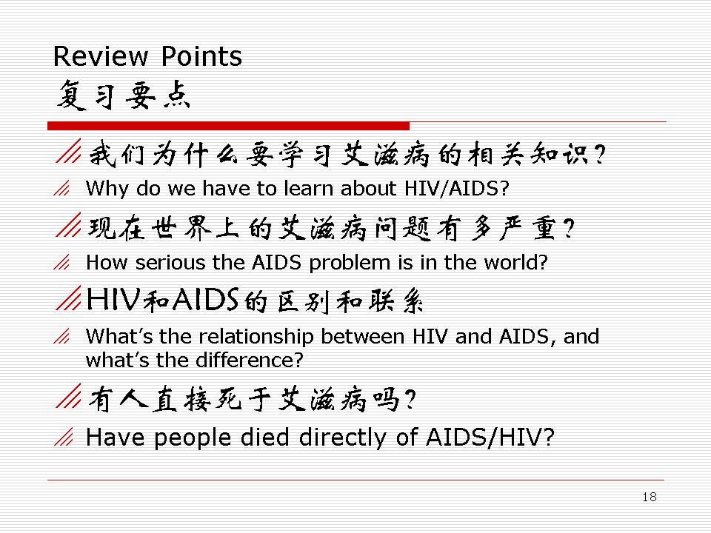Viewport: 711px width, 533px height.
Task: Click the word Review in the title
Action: [101, 57]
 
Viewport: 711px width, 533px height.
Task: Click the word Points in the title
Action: [201, 57]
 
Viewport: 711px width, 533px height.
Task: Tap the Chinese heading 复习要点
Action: [124, 95]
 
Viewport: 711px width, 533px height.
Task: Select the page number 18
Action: [650, 497]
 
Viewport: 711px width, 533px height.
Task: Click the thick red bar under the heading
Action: [229, 126]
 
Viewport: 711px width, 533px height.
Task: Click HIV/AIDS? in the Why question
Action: [457, 188]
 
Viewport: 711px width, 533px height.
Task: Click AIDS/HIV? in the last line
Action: [490, 438]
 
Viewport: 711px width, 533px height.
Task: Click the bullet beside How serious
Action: [61, 262]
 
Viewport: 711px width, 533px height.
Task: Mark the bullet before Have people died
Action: [64, 437]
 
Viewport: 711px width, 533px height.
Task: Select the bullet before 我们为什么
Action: [68, 151]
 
